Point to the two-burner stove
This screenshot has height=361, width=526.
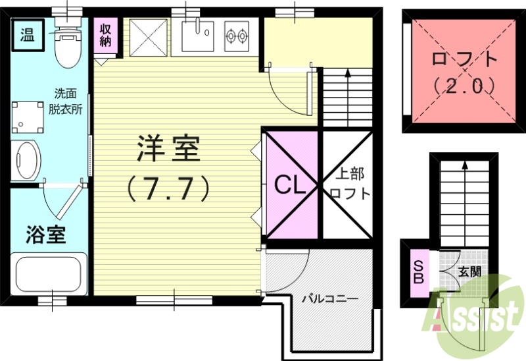click(236, 36)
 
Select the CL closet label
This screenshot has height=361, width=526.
click(290, 186)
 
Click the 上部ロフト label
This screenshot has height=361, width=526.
click(348, 184)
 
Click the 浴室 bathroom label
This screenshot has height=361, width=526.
click(46, 235)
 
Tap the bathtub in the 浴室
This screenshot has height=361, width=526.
click(48, 273)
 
